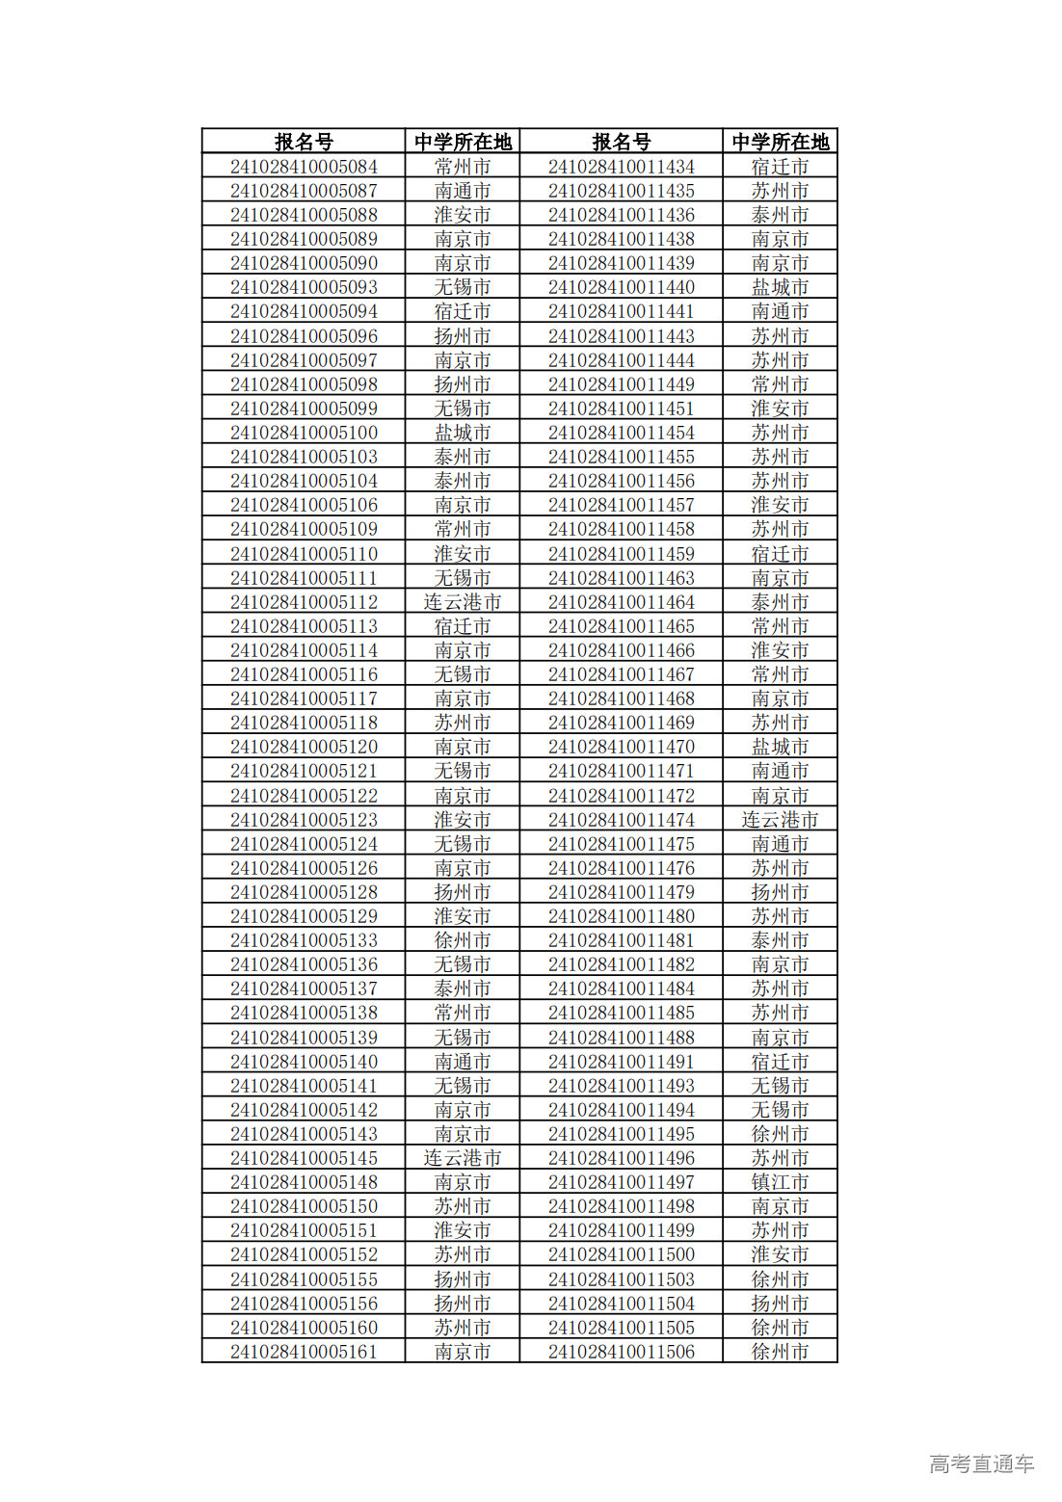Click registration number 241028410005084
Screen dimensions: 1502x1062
pos(304,167)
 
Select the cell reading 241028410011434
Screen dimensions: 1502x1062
pos(621,167)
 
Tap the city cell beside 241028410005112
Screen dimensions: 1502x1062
pos(462,602)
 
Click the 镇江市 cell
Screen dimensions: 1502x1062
pos(780,1182)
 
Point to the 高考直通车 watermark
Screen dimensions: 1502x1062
pos(981,1463)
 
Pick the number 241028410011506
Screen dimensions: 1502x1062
pos(621,1352)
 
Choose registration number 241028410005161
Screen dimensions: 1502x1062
pos(304,1352)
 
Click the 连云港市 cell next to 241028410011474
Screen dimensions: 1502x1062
pos(780,820)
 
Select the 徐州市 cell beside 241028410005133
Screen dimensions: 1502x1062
pos(462,940)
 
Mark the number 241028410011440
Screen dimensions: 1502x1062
pos(621,287)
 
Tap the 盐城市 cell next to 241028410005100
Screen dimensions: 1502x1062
pos(462,433)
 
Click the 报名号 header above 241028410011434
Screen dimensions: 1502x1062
pos(621,142)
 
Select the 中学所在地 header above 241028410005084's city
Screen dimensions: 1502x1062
pos(462,142)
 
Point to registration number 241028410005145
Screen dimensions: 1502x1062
pos(304,1158)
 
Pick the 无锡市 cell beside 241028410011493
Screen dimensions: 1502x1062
pos(780,1086)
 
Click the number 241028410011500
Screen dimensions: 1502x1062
pos(621,1254)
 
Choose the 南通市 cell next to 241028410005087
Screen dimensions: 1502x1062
pos(462,191)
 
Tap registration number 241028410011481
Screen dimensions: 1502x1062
pos(621,940)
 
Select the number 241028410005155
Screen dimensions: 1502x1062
pos(304,1279)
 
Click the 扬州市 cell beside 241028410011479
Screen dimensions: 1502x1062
pos(780,892)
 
